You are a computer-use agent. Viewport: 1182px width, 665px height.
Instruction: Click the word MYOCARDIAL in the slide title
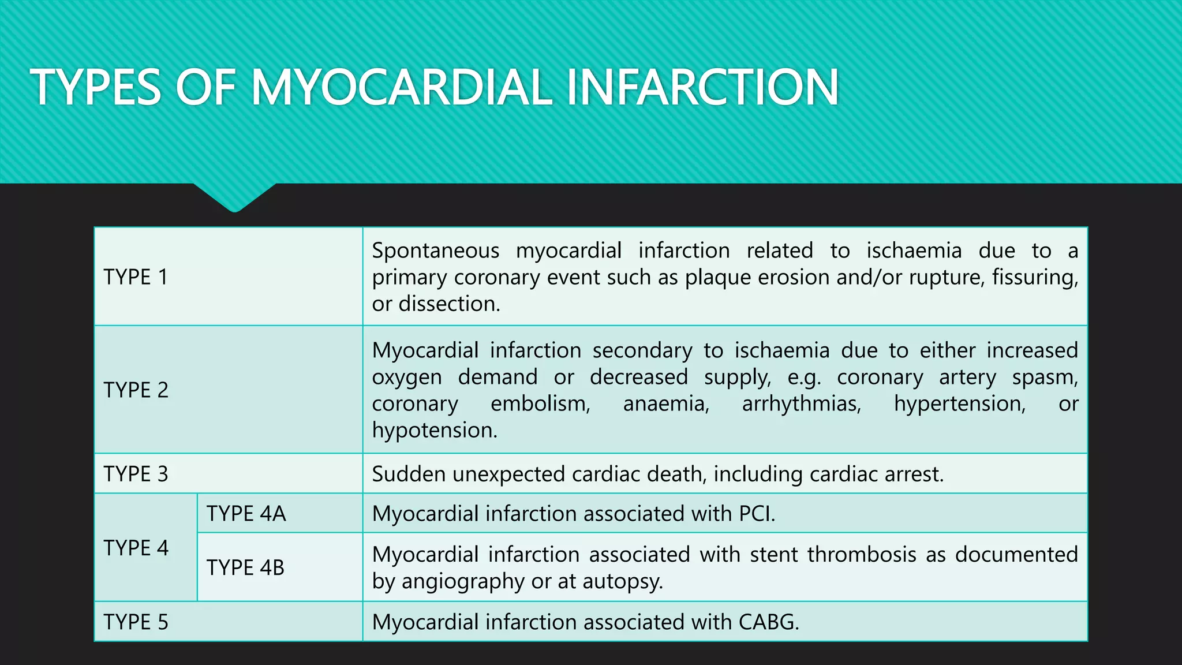[x=401, y=87]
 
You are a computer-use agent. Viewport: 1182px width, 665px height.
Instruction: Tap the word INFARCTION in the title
[x=702, y=87]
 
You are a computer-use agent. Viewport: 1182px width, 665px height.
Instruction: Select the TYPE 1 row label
[x=136, y=277]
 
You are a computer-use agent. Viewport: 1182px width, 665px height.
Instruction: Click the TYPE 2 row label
[x=136, y=390]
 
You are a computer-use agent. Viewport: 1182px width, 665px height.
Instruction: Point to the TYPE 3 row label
[x=136, y=474]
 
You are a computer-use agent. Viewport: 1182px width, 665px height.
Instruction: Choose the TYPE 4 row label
[x=136, y=548]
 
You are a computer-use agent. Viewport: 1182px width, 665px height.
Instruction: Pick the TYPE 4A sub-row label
[x=246, y=514]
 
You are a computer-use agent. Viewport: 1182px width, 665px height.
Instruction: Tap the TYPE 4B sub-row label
[x=245, y=567]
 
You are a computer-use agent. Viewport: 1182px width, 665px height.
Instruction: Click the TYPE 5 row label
[x=136, y=622]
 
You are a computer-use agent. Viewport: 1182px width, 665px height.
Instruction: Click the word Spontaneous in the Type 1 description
[x=435, y=251]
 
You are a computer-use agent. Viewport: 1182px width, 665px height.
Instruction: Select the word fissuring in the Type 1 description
[x=1035, y=278]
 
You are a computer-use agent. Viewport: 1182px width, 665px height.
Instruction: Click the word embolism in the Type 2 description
[x=540, y=404]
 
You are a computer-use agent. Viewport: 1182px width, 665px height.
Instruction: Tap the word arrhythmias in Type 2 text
[x=801, y=404]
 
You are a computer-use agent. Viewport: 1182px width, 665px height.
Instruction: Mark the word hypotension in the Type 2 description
[x=434, y=430]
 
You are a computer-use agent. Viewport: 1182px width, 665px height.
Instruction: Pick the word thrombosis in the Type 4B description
[x=861, y=554]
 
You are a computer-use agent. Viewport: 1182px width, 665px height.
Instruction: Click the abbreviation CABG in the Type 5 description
[x=768, y=622]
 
